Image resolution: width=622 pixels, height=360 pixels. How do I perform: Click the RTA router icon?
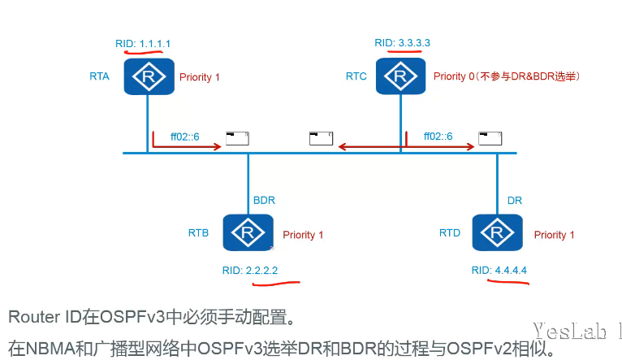coord(148,76)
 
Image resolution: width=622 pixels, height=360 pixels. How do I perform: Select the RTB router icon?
coord(247,233)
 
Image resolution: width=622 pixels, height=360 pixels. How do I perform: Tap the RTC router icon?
coord(400,76)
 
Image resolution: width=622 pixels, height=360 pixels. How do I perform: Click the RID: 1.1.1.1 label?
coord(144,41)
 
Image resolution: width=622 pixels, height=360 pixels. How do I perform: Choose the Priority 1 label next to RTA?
coord(199,77)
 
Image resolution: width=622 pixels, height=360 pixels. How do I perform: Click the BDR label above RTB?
coord(264,199)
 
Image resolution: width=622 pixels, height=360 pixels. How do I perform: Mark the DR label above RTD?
coord(514,199)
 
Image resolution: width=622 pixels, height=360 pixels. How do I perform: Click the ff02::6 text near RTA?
coord(186,135)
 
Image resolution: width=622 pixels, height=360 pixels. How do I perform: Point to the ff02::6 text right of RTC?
coord(438,135)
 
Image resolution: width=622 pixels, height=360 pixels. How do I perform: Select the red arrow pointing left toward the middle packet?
coord(367,147)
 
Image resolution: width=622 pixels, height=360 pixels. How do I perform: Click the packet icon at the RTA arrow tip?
coord(237,138)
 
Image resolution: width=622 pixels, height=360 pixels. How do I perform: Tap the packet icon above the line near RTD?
coord(490,138)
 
